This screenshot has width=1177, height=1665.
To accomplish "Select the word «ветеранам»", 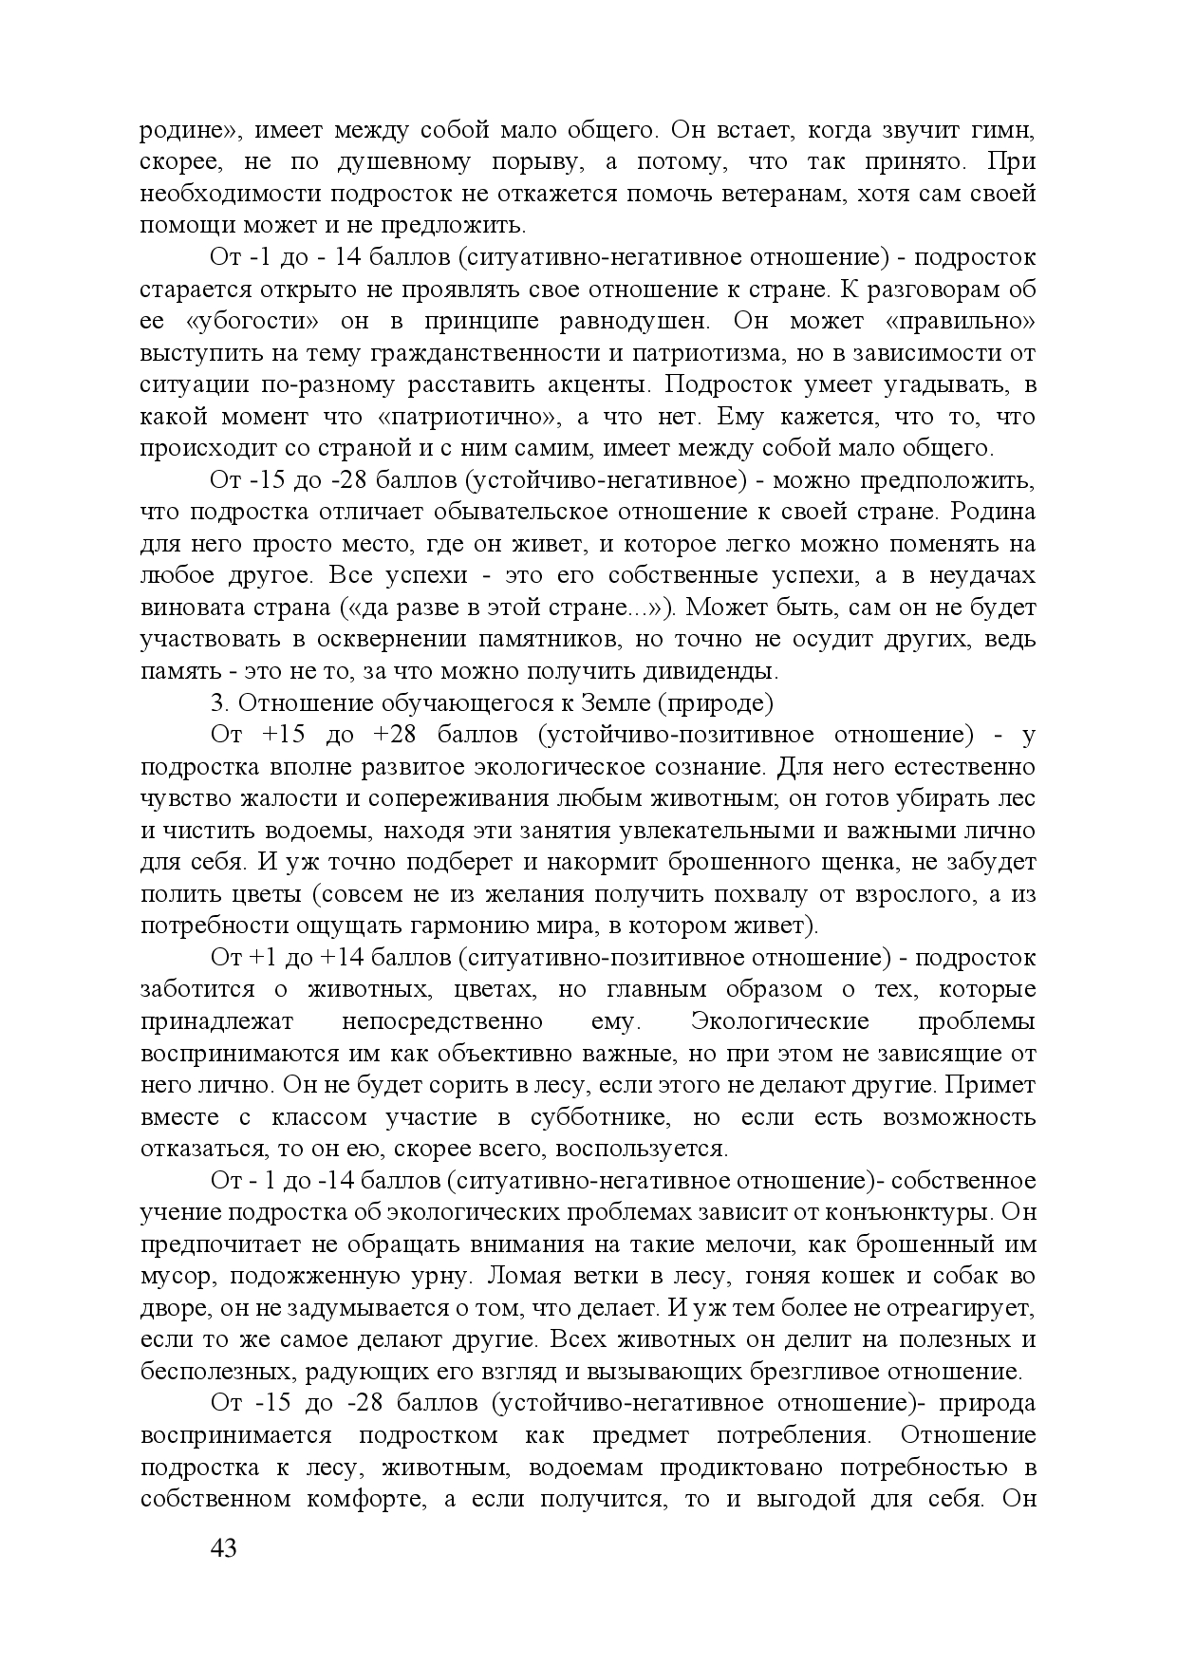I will pyautogui.click(x=819, y=194).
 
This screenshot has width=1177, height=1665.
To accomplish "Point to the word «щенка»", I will pyautogui.click(x=862, y=863).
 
